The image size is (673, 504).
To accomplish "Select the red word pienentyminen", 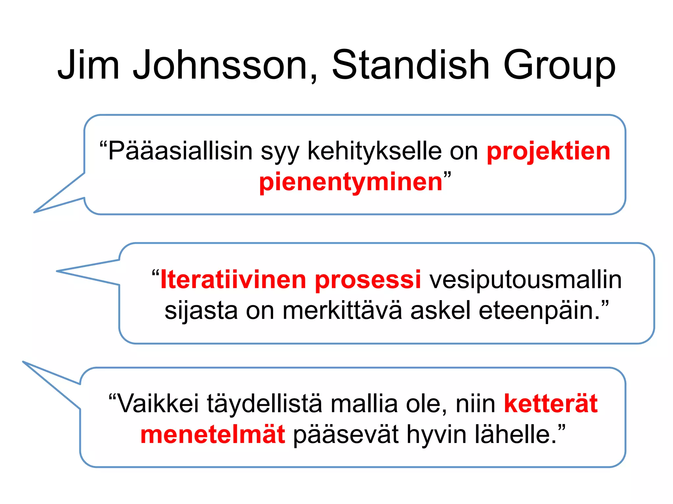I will (x=351, y=182).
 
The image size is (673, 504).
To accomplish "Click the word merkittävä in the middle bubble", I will (x=342, y=310).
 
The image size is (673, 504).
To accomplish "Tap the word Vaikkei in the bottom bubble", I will (x=158, y=404).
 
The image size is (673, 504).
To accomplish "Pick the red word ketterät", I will (x=551, y=404).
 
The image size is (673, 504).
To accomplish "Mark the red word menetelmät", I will (x=213, y=434).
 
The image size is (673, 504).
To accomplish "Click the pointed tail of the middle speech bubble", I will (x=58, y=271).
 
